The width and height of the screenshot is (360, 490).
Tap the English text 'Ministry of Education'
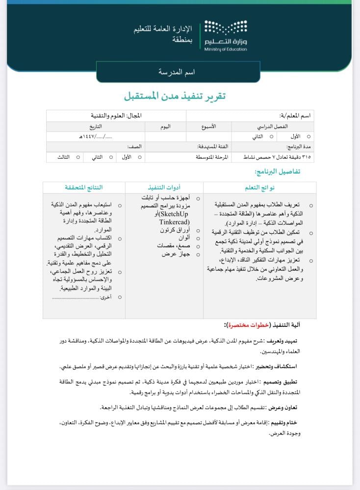[x=226, y=49]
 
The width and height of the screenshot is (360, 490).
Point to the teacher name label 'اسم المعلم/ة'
[x=296, y=116]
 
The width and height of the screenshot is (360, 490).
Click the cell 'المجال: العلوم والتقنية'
[x=116, y=116]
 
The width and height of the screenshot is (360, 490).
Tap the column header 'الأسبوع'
[x=209, y=126]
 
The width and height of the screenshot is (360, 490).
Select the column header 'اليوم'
[x=165, y=126]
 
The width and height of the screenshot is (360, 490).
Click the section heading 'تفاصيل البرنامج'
[x=277, y=171]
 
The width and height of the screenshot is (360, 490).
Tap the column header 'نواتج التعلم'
[x=259, y=188]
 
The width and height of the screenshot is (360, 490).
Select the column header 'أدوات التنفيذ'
[x=164, y=188]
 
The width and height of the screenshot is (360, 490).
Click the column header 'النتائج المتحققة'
[x=84, y=188]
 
